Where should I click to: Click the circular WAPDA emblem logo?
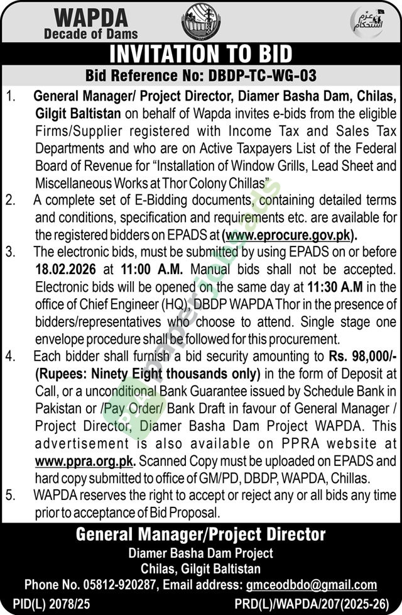point(197,22)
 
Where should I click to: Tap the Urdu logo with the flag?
point(366,23)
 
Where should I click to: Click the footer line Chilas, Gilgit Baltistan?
point(201,569)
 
